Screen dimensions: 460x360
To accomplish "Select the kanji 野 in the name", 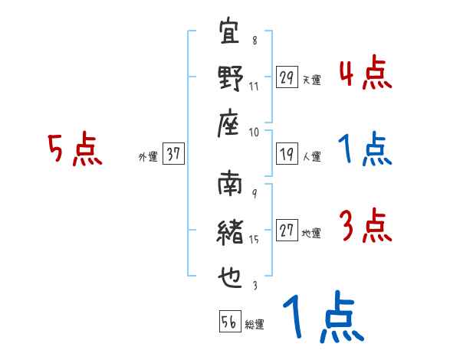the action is tap(231, 78).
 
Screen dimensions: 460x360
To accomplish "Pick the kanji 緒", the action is tap(231, 231).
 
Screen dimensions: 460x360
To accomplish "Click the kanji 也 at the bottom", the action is tap(231, 275).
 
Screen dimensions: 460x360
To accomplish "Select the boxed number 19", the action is tap(287, 153).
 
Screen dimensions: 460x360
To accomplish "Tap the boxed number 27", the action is tap(287, 231).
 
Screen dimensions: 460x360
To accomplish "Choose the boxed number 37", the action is tap(173, 153).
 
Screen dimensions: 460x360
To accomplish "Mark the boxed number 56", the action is tap(228, 322).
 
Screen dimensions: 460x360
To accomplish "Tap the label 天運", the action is tap(311, 80).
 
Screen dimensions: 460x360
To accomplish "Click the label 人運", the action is tap(311, 157).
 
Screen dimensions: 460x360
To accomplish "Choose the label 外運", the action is tap(148, 157).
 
